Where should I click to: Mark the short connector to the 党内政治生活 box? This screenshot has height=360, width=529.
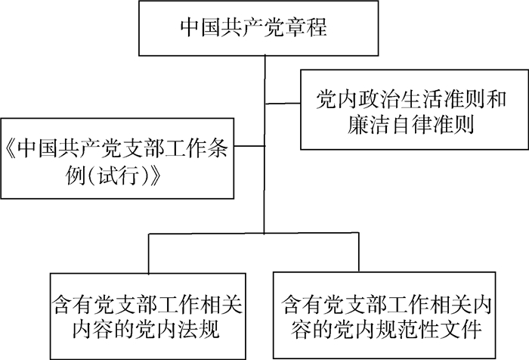coord(283,101)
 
